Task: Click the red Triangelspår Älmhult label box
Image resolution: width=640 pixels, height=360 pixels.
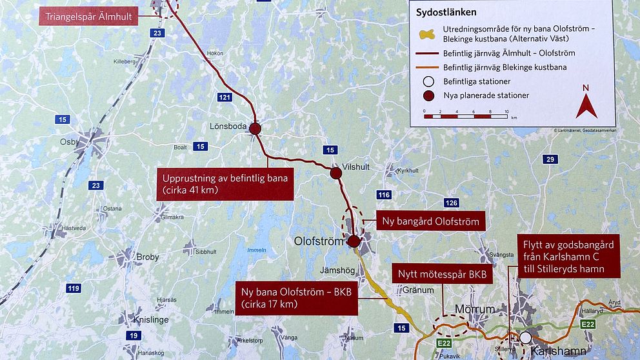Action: pyautogui.click(x=89, y=16)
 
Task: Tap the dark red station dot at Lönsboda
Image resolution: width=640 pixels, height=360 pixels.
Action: pyautogui.click(x=255, y=128)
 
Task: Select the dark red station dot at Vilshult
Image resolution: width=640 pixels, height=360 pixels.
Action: pyautogui.click(x=335, y=173)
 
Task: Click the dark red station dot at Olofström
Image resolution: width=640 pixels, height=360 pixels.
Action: pyautogui.click(x=354, y=242)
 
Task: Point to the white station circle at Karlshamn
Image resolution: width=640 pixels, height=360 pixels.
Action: pyautogui.click(x=526, y=337)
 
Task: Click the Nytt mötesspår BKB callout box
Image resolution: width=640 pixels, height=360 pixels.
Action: pyautogui.click(x=442, y=274)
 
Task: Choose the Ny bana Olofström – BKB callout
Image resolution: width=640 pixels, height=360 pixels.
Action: pyautogui.click(x=296, y=297)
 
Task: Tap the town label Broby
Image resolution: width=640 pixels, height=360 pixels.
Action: pyautogui.click(x=148, y=257)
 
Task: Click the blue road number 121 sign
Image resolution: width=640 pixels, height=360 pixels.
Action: pyautogui.click(x=225, y=97)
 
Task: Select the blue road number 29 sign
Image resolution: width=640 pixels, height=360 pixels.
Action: pyautogui.click(x=550, y=159)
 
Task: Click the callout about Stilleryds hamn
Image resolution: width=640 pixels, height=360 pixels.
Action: pyautogui.click(x=568, y=256)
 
